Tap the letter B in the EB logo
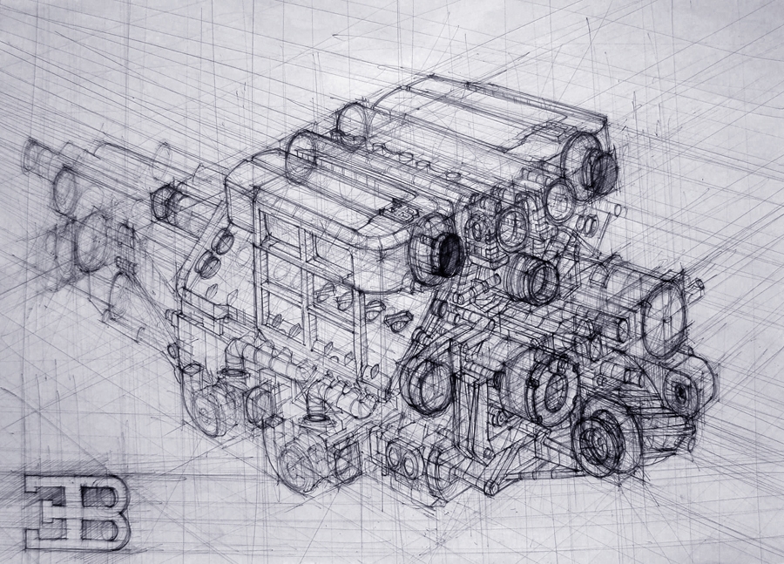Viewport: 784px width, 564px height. (x=103, y=513)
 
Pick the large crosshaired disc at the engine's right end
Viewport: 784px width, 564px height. (x=664, y=315)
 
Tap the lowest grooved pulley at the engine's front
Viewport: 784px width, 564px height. (x=606, y=439)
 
